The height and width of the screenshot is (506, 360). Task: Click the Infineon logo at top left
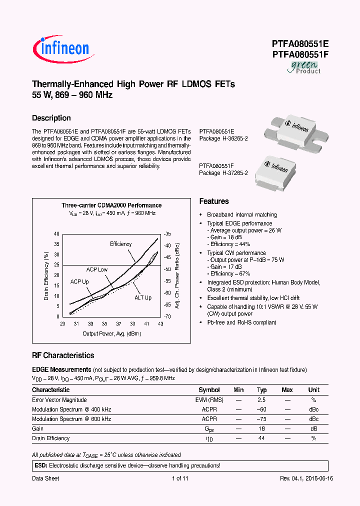point(61,47)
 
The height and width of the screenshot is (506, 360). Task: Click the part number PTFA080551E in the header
point(300,43)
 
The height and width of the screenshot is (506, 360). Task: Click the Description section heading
point(51,118)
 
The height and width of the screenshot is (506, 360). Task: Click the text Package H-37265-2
point(223,173)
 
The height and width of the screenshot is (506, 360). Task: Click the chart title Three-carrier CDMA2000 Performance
point(111,205)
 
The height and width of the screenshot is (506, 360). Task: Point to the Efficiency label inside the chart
point(121,244)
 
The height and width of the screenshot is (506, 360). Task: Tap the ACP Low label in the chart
point(96,269)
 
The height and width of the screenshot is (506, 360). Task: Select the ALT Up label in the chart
point(142,298)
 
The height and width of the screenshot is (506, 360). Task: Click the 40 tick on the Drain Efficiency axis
point(56,234)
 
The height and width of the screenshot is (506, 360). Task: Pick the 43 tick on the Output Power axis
point(160,324)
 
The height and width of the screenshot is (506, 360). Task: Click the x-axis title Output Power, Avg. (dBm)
point(112,333)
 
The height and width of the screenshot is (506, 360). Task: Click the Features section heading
point(214,201)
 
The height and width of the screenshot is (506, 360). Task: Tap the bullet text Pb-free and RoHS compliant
point(241,322)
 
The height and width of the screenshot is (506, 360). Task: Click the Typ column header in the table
point(261,390)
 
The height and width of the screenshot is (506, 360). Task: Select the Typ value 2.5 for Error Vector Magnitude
point(261,400)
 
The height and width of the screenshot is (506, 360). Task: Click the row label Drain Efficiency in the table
point(51,438)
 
